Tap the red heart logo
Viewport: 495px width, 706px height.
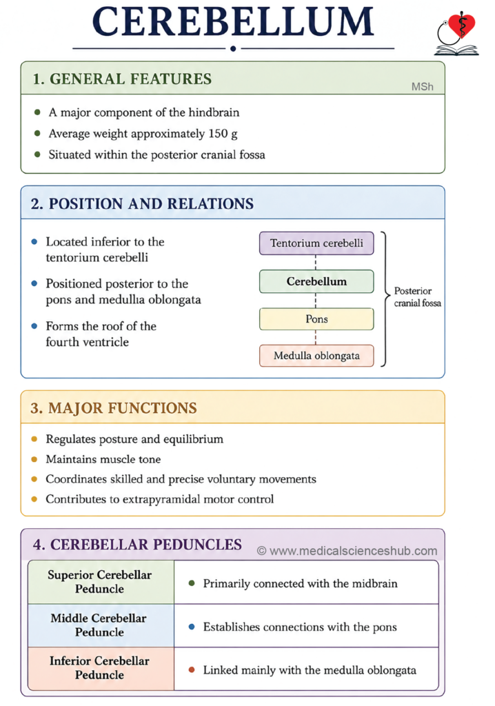[462, 26]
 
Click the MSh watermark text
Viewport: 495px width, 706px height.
[422, 86]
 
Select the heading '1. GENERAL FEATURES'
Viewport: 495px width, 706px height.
[121, 79]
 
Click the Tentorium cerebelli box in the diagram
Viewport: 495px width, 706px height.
[316, 243]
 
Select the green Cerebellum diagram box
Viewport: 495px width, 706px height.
[316, 281]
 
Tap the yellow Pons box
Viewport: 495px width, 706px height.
[316, 319]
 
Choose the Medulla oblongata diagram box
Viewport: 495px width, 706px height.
[316, 356]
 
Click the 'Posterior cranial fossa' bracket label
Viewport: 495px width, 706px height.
[418, 296]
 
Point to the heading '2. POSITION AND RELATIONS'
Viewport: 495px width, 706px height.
[142, 203]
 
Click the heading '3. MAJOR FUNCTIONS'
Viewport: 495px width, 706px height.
[114, 408]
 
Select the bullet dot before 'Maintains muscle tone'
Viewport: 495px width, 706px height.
[34, 459]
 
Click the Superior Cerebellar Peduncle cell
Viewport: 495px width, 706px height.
[101, 582]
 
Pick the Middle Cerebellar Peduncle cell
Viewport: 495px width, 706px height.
[101, 625]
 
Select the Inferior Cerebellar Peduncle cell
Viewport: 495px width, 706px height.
[101, 668]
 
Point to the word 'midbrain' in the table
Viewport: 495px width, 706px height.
[375, 583]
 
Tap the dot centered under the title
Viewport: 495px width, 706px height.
[233, 48]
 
